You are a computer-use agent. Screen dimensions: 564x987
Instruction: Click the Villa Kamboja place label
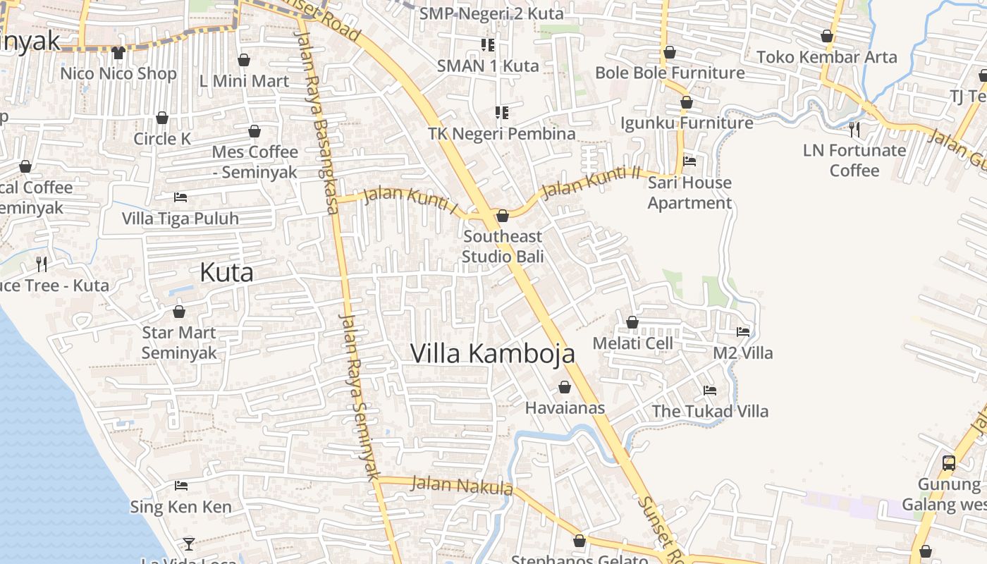pos(492,353)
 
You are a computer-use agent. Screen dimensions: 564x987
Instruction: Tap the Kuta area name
pos(226,272)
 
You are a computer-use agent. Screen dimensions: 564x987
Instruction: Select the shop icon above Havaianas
pos(564,387)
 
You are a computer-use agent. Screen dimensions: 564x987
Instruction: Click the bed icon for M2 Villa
pos(743,331)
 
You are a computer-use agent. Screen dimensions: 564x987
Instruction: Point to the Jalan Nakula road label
pos(461,485)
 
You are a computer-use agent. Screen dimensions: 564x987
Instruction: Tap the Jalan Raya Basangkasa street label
pos(318,120)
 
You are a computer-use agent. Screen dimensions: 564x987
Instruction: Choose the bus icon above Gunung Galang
pos(949,463)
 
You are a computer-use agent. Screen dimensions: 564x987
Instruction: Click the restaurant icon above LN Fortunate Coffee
pos(854,129)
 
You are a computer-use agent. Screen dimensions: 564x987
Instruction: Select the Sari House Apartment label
pos(689,192)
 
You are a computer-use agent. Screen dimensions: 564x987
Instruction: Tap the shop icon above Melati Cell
pos(632,322)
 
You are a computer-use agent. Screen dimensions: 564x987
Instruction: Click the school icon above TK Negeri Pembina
pos(502,113)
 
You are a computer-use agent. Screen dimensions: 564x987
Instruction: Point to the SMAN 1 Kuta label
pos(488,66)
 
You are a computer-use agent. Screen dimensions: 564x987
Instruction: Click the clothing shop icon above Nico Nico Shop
pos(118,53)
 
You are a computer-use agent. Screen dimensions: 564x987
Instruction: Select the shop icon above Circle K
pos(162,118)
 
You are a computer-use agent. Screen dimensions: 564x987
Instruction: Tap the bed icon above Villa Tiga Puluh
pos(180,197)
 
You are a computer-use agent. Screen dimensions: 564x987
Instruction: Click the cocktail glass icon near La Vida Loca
pos(188,544)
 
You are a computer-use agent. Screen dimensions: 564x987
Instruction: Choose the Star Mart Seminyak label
pos(179,342)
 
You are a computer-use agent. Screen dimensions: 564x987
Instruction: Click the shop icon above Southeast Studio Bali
pos(503,216)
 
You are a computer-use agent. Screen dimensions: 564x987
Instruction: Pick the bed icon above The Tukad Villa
pos(710,390)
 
